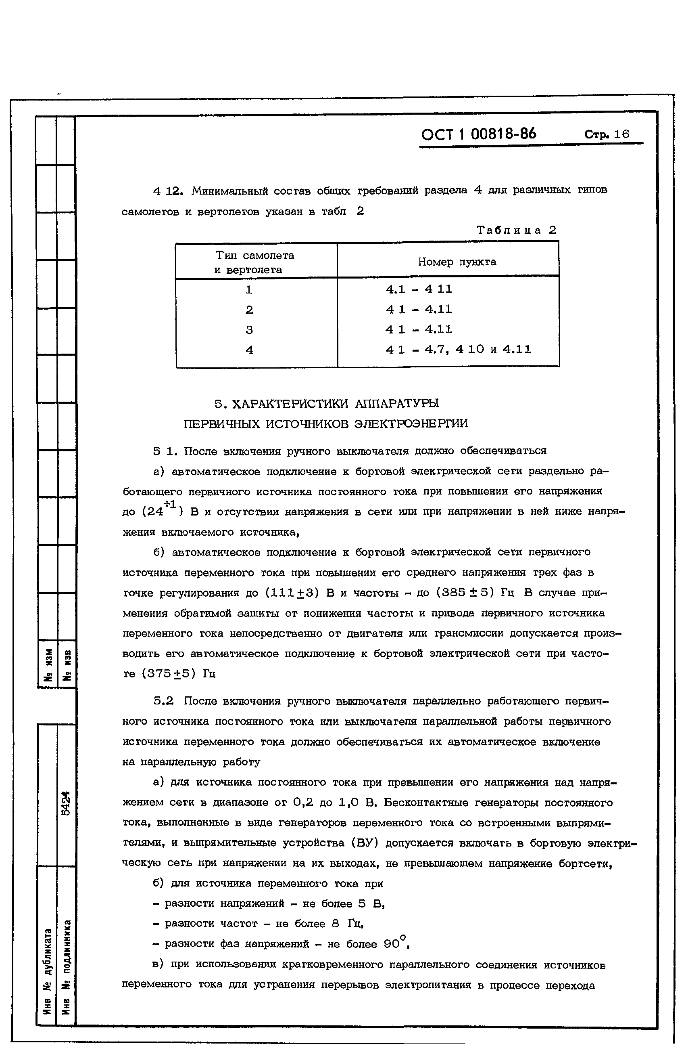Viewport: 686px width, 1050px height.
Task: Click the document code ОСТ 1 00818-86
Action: point(478,134)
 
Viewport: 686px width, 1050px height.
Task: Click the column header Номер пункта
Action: point(457,262)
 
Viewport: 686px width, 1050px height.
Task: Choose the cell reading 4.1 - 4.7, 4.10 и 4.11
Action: point(458,350)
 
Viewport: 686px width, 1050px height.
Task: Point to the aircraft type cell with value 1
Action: point(249,290)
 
